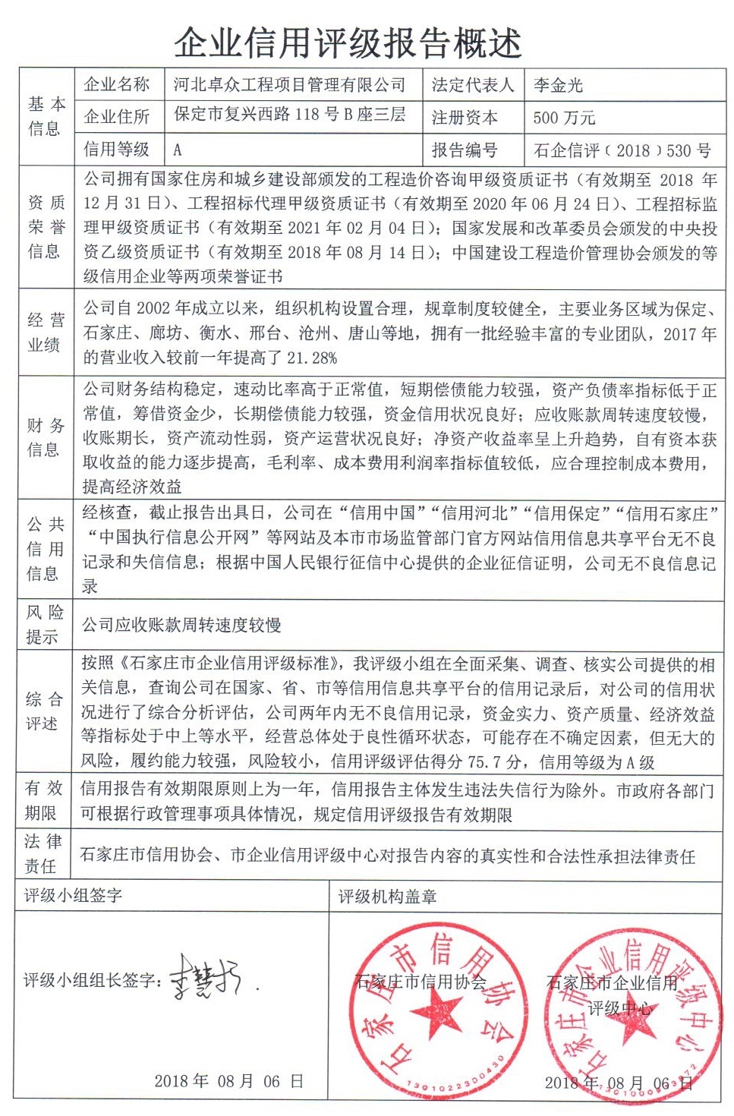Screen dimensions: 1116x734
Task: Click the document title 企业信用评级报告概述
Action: click(348, 43)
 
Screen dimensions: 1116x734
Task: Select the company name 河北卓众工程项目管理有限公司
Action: click(289, 84)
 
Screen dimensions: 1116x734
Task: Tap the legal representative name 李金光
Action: click(558, 85)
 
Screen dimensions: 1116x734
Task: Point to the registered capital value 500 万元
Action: click(564, 118)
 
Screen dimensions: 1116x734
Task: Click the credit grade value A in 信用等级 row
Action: click(178, 150)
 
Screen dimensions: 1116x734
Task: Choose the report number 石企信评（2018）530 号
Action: click(622, 150)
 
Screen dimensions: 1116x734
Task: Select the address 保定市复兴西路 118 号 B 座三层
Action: click(289, 115)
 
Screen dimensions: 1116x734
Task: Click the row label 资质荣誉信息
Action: click(46, 226)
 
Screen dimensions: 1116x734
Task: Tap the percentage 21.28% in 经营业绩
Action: click(302, 358)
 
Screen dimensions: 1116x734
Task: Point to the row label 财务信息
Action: click(46, 437)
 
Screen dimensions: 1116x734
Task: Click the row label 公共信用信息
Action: click(46, 548)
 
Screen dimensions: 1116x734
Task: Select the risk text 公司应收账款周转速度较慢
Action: click(181, 625)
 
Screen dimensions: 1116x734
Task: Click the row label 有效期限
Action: click(44, 800)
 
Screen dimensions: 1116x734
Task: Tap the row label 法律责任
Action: click(44, 853)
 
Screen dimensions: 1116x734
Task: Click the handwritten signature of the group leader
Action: click(205, 977)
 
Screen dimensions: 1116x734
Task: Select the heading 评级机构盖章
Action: click(387, 897)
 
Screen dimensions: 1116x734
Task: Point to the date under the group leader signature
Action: click(228, 1081)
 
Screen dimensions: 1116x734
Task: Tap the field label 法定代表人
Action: click(472, 85)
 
